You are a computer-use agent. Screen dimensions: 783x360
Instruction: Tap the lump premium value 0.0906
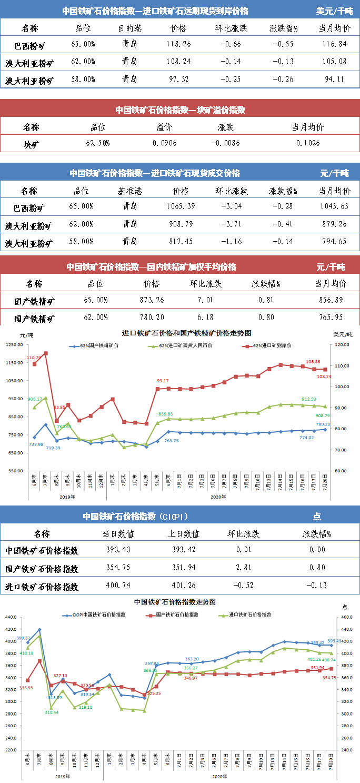[x=165, y=143]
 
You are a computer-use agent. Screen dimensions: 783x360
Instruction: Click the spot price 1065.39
[x=181, y=206]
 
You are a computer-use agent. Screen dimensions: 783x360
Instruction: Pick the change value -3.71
[x=229, y=225]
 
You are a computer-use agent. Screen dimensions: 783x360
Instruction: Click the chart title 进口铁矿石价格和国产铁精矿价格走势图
[x=186, y=333]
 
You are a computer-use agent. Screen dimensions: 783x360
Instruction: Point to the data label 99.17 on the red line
[x=163, y=381]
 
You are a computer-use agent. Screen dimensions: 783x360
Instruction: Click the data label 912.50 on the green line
[x=308, y=399]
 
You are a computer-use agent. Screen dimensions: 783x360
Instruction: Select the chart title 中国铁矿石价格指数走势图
[x=175, y=602]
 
